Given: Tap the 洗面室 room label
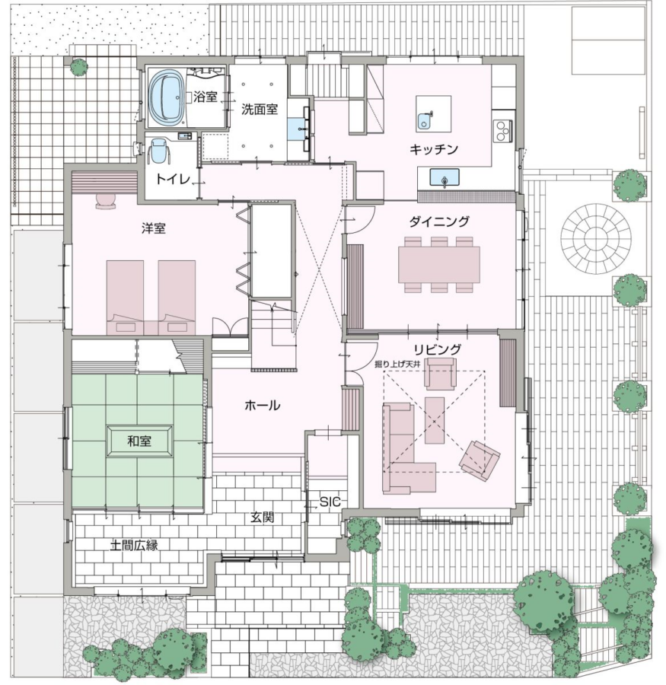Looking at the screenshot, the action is click(260, 109).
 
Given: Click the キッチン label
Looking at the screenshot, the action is click(434, 149).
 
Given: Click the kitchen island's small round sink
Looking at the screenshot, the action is click(425, 120).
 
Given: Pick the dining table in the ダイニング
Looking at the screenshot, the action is click(439, 264).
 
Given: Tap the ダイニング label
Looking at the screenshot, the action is click(439, 221).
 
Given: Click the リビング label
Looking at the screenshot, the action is click(438, 349).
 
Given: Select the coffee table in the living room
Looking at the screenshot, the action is click(435, 420).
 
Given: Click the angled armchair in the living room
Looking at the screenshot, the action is click(479, 460).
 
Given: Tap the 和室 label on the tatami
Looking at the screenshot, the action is click(139, 441).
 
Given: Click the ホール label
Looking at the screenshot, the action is click(262, 406).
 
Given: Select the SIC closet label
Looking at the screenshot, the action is click(330, 502).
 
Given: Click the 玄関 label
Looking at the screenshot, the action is click(262, 518).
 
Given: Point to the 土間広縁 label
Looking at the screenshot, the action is click(134, 545).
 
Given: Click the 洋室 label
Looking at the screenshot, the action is click(154, 228).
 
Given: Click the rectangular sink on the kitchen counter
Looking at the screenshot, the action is click(445, 177).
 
